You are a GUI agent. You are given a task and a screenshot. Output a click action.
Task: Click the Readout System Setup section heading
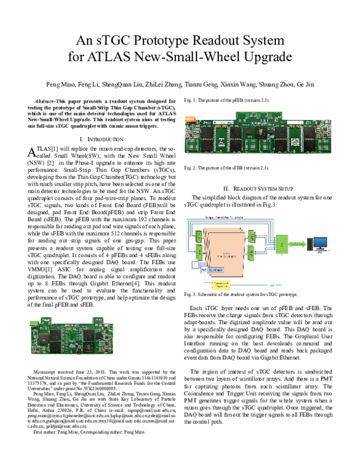point(257,187)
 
